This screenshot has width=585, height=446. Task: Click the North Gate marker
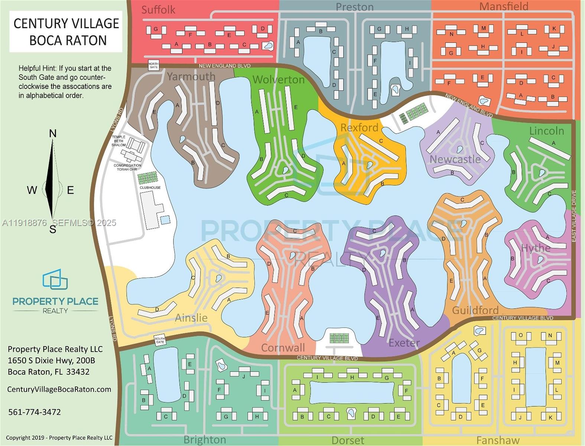point(153,65)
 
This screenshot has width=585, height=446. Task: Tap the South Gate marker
point(160,340)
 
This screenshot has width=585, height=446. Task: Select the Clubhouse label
point(150,188)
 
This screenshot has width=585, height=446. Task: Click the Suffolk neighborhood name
point(158,10)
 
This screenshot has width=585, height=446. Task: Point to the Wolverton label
point(279,80)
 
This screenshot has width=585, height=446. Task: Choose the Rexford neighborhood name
point(359,127)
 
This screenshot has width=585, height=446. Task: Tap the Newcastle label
point(455,159)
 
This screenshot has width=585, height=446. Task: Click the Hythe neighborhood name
point(536,248)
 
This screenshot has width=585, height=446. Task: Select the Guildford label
point(475,310)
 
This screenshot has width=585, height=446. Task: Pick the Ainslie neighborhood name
point(191,318)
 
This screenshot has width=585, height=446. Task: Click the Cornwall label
point(283,348)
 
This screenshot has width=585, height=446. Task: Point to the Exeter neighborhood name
point(404,343)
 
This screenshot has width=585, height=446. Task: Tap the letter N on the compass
point(53,133)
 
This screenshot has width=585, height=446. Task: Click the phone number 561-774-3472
point(35,412)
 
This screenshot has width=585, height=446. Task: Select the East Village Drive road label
point(574,216)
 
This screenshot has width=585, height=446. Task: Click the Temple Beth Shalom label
point(119,141)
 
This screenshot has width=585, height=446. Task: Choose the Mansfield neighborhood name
point(504,6)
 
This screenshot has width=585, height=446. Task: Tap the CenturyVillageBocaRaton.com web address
point(59,389)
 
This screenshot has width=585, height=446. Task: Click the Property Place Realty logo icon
point(55,279)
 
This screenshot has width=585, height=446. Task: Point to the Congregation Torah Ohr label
point(127,167)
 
